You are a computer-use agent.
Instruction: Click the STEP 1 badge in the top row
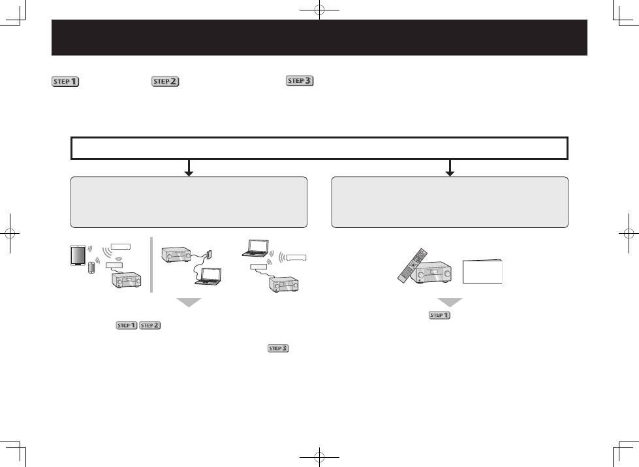click(65, 82)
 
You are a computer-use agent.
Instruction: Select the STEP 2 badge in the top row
click(165, 82)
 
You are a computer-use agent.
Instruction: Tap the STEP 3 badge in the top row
click(300, 81)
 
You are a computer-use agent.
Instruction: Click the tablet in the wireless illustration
click(78, 255)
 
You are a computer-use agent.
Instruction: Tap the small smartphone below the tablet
click(91, 268)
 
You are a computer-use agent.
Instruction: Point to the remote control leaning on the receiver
click(413, 265)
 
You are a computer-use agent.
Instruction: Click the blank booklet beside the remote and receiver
click(482, 271)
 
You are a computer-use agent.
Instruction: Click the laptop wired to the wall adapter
click(208, 276)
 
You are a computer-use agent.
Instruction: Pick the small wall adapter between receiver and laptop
click(209, 254)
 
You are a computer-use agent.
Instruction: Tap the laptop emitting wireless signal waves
click(255, 248)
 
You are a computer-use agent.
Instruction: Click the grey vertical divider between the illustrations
click(151, 265)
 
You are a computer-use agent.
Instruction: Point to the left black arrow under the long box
click(189, 168)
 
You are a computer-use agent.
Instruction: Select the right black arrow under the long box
click(450, 168)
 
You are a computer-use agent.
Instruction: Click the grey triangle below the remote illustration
click(450, 302)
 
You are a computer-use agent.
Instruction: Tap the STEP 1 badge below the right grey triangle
click(439, 315)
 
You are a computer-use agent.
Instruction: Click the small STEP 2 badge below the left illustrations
click(150, 325)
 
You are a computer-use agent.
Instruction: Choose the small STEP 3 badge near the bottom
click(278, 348)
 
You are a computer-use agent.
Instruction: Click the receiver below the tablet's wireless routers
click(127, 280)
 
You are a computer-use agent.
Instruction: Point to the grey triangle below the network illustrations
click(189, 302)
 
